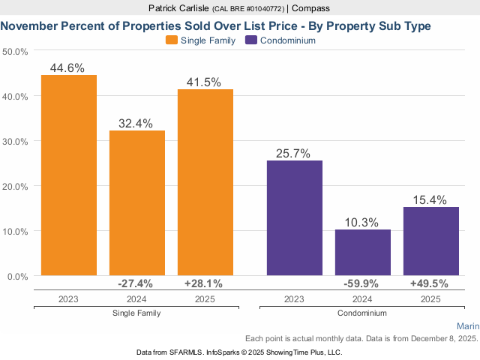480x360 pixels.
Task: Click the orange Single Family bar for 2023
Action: [x=69, y=175]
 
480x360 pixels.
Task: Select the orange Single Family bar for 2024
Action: [x=137, y=203]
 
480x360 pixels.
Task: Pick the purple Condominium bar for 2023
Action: [x=295, y=218]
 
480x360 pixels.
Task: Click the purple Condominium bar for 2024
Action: [x=363, y=253]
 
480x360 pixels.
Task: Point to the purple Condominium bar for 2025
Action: [x=431, y=241]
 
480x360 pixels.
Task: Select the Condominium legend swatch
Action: [x=251, y=40]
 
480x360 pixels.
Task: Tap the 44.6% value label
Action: [x=68, y=67]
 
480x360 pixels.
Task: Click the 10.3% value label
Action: [x=363, y=222]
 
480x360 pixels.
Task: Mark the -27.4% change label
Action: [x=136, y=283]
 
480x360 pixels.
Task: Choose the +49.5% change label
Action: [x=430, y=283]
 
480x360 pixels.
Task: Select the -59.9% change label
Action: [x=361, y=283]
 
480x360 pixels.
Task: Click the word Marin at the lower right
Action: [x=467, y=326]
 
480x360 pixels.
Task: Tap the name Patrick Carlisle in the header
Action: [x=164, y=7]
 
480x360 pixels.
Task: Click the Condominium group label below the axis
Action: [x=362, y=313]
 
